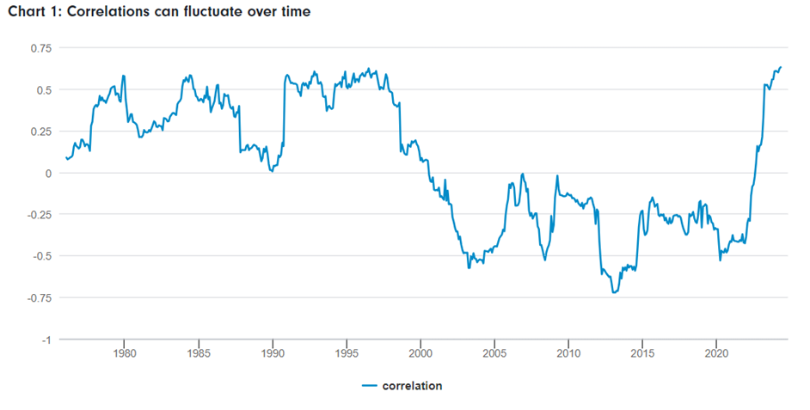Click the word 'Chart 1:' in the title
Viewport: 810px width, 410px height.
pos(34,12)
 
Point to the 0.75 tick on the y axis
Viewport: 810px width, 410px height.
pos(40,48)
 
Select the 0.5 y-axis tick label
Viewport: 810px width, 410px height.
pos(43,90)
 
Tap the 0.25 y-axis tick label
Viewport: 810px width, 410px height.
pos(40,132)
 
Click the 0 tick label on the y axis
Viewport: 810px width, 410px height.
pos(49,173)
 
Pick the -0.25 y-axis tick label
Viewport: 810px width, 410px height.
pos(38,215)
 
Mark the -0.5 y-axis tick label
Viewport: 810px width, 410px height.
pos(41,256)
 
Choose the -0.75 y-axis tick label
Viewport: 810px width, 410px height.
pos(38,298)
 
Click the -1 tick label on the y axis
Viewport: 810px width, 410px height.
pos(47,340)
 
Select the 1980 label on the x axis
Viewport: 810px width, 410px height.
pos(124,353)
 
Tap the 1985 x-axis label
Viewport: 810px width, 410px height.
pos(198,353)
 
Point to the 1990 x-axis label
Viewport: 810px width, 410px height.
pos(273,353)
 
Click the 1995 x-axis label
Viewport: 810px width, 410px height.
pos(347,353)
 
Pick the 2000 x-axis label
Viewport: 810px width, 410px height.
pos(420,353)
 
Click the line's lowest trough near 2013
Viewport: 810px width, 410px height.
pos(614,292)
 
